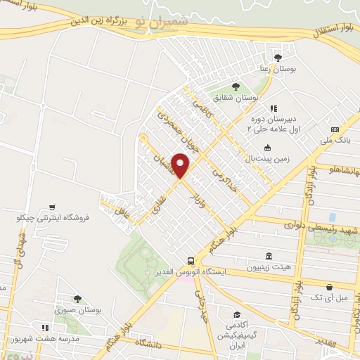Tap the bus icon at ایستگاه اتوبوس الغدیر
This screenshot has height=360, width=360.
190,259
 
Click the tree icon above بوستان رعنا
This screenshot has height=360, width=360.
279,56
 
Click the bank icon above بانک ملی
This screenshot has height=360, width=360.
335,130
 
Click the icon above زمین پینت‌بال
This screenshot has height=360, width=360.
267,148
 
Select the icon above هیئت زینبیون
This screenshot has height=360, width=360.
268,256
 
